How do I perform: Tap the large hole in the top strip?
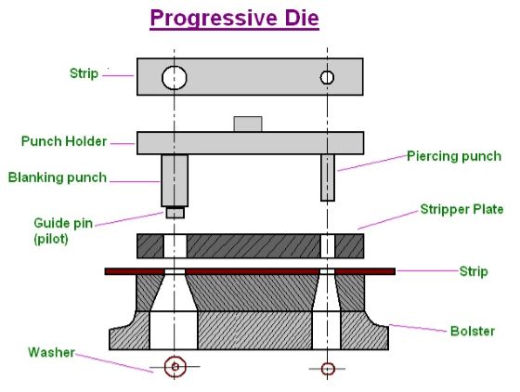(174, 77)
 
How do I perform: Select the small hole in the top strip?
(327, 76)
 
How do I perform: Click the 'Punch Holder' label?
(64, 142)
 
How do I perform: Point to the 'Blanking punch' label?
(58, 177)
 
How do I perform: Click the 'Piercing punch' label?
(454, 157)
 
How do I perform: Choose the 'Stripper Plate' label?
(461, 210)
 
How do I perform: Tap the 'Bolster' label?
(472, 332)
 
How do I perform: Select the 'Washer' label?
(50, 352)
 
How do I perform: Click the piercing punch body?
(327, 177)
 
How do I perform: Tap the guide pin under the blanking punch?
(174, 213)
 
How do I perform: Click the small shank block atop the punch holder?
(247, 124)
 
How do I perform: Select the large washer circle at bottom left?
(174, 368)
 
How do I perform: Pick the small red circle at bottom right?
(327, 369)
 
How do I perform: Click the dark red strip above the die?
(250, 271)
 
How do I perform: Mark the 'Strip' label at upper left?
(83, 73)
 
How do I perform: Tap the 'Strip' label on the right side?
(473, 271)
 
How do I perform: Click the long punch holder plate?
(250, 143)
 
